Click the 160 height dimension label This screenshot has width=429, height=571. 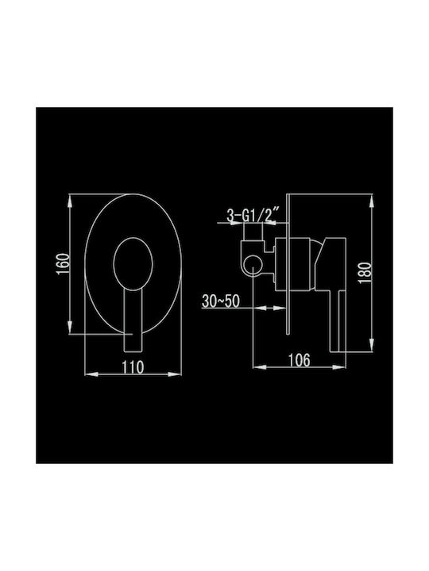pos(63,264)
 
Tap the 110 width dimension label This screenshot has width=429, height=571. pos(133,367)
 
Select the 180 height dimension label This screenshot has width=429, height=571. pos(365,274)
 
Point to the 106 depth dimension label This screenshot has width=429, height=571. pos(300,360)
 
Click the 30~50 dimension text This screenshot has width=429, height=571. pos(221,301)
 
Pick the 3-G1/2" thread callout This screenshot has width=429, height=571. pos(253,215)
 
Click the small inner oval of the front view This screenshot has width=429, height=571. pos(133,264)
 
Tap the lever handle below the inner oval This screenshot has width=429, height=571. pos(133,321)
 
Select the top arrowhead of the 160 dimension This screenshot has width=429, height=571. pos(70,201)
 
